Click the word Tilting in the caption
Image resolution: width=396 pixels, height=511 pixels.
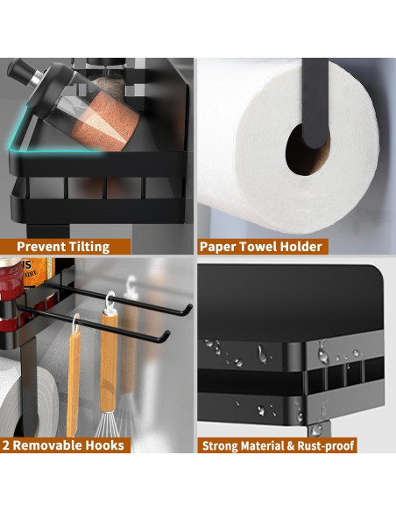88,247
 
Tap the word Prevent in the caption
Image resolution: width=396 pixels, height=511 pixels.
40,247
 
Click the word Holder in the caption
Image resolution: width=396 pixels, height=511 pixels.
301,247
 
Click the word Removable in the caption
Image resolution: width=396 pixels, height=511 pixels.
47,445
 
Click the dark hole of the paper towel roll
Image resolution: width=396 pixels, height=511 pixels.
307,150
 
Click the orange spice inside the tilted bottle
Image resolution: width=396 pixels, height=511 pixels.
104,122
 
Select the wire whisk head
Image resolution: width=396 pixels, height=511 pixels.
107,423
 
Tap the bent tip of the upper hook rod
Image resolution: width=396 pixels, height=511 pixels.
188,309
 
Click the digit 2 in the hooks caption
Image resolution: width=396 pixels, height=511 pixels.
6,445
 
